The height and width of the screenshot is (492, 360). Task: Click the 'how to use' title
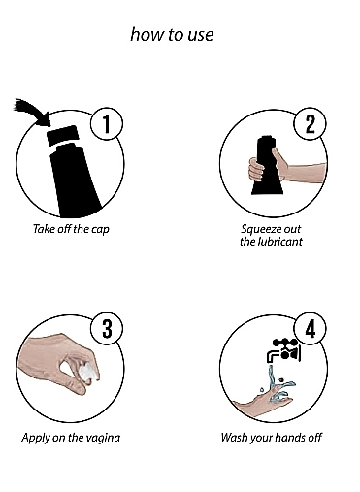pos(172,34)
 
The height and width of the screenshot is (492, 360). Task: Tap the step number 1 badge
pos(107,123)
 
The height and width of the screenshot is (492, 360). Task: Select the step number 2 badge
pos(310,123)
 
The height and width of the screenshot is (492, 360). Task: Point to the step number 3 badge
pos(107,329)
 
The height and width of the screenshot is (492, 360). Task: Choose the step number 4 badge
pos(310,329)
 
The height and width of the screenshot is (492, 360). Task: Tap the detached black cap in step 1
pos(62,135)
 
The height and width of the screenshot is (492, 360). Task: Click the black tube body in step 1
pos(75,181)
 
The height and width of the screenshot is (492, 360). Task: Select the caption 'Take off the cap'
pos(71,229)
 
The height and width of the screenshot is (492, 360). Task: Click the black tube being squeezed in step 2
pos(268,166)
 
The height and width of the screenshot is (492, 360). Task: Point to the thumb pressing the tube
pos(278,157)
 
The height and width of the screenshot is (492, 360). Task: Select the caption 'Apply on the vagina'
pos(71,438)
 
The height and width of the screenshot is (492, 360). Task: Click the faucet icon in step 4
pos(284,350)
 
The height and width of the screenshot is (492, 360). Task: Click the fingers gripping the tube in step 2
pos(256,170)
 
